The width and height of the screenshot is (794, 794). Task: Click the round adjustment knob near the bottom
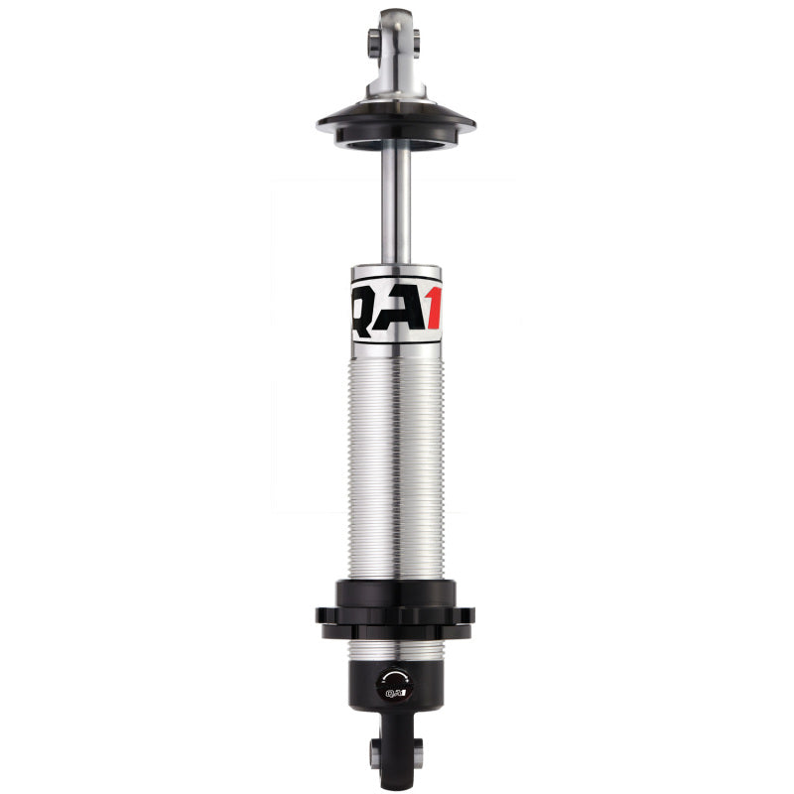(394, 682)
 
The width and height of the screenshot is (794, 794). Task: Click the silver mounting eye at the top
(396, 45)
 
